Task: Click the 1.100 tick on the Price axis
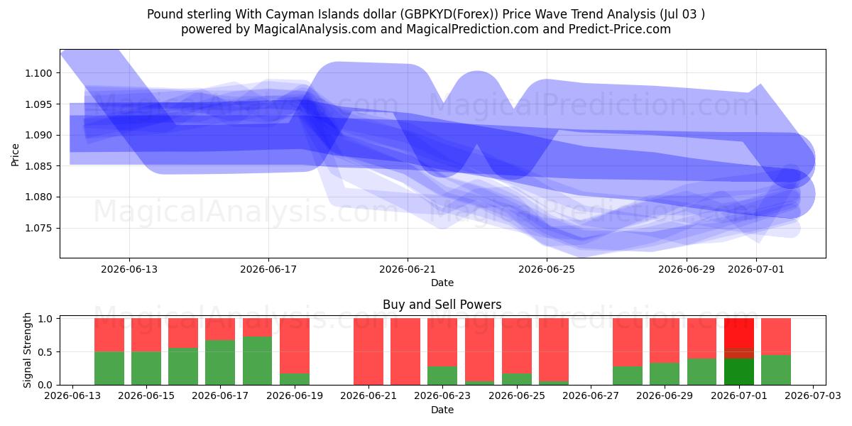tap(38, 73)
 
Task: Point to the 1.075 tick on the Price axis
tap(38, 228)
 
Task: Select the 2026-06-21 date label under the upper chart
tap(408, 269)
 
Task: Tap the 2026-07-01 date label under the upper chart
tap(755, 269)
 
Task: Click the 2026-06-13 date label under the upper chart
tap(129, 269)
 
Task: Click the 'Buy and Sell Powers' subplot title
tap(442, 305)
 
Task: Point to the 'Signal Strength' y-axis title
tap(27, 350)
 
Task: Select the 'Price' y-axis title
tap(15, 155)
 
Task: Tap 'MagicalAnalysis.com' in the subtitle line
tap(315, 29)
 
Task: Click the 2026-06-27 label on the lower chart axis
tap(591, 396)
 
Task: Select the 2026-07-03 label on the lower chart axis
tap(813, 396)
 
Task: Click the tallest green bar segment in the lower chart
tap(258, 361)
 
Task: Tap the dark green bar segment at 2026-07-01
tap(739, 371)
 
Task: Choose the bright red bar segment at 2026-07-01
tap(739, 333)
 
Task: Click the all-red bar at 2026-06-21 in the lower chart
tap(368, 351)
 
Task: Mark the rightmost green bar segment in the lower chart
tap(776, 370)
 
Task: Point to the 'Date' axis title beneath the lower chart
tap(442, 410)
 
